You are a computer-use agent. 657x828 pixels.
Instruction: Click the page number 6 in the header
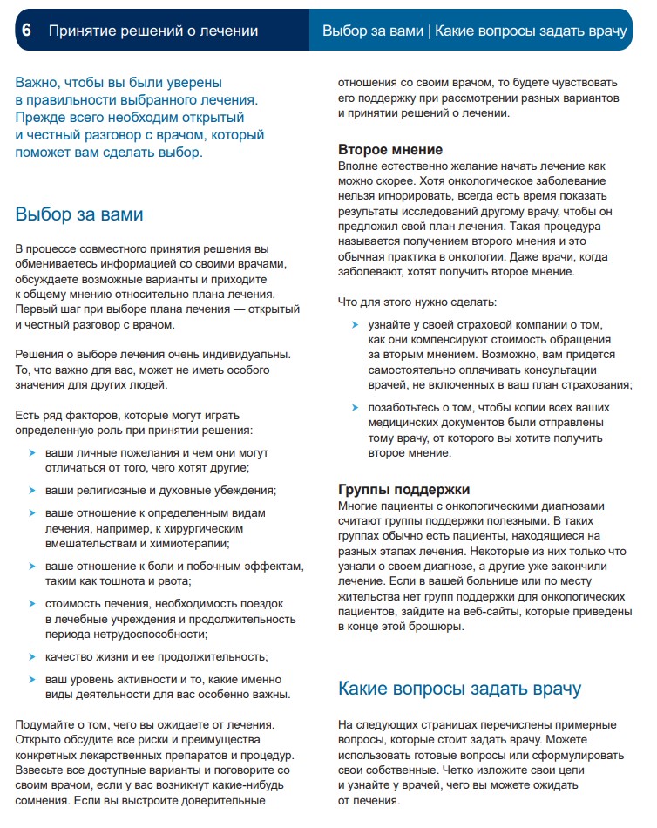(27, 31)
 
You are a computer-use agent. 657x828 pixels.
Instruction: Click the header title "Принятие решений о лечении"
(152, 31)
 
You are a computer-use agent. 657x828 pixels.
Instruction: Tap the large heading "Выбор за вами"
(79, 214)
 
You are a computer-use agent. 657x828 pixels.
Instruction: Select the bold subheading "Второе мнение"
(390, 150)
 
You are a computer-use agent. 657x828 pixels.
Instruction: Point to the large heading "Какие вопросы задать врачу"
(459, 689)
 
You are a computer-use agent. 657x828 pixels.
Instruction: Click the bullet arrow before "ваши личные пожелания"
(32, 454)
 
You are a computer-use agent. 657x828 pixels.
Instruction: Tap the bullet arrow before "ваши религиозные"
(32, 491)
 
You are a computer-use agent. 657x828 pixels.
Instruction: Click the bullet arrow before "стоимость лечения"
(32, 603)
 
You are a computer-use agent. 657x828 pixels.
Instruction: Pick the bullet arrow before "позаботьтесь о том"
(355, 408)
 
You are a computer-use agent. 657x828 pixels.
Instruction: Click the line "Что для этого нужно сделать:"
(417, 302)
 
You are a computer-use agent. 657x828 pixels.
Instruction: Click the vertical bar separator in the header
(429, 31)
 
